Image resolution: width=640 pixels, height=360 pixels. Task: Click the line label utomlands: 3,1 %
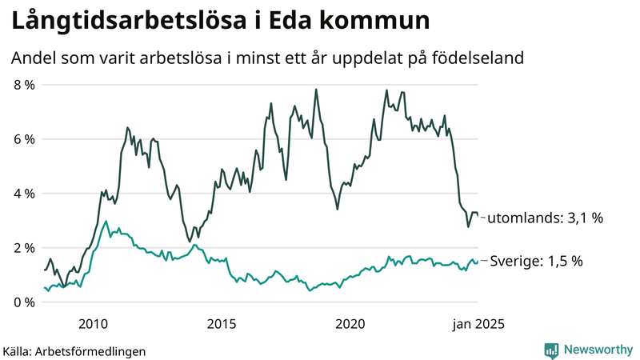[x=545, y=217]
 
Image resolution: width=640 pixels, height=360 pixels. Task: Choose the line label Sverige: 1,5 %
[x=536, y=261]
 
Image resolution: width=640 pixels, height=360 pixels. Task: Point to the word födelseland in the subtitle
[x=478, y=58]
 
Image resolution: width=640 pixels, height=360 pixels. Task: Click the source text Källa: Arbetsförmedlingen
[x=74, y=350]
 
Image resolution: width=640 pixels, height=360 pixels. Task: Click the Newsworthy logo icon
[x=551, y=350]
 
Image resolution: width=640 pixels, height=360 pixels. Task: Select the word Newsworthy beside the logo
[x=598, y=350]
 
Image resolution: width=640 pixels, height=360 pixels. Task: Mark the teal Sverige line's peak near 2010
[x=106, y=222]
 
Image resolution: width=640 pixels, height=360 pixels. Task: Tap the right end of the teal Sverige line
[x=478, y=261]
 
